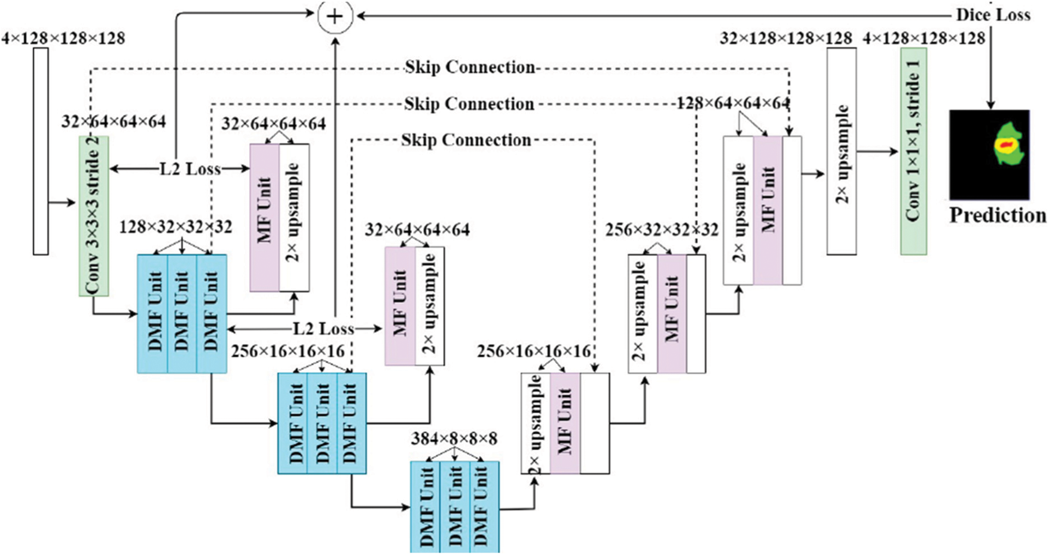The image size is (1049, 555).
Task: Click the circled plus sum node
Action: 335,16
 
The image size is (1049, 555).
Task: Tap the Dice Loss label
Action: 993,15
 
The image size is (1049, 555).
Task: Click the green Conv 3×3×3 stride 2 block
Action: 94,216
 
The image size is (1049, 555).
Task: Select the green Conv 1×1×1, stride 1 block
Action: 913,151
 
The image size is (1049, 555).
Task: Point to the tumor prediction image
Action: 989,155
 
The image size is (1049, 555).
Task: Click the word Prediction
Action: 998,215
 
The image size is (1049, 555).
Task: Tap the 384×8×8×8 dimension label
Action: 454,439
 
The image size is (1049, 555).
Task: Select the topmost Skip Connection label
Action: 470,67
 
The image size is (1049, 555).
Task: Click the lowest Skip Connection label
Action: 466,140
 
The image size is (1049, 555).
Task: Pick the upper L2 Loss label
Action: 190,169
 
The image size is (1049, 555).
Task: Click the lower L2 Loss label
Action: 323,329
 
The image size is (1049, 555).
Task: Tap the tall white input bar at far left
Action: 41,151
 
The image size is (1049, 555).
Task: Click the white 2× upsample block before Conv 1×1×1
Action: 842,151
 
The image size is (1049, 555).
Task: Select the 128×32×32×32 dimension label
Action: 176,228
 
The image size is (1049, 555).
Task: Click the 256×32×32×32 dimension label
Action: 662,230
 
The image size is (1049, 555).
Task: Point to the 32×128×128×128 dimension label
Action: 786,38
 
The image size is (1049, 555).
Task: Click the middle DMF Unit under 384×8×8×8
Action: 455,507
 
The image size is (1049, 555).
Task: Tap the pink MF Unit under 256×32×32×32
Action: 672,314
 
